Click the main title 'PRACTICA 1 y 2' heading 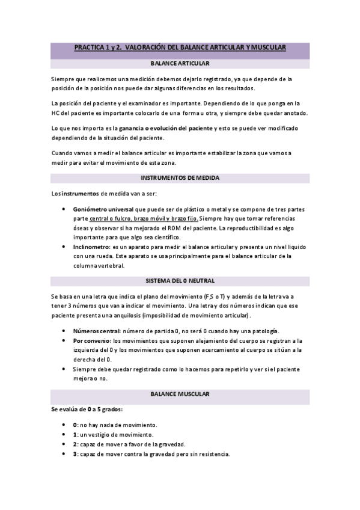click(180, 47)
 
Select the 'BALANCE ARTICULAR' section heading click(180, 63)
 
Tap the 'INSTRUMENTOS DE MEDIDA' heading click(180, 178)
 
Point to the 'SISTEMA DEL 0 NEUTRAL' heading click(180, 281)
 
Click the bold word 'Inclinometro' click(91, 247)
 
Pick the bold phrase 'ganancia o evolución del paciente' click(166, 128)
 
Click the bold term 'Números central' click(96, 331)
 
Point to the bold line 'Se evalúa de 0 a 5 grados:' click(86, 409)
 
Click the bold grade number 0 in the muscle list click(75, 425)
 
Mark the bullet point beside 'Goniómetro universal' click(64, 209)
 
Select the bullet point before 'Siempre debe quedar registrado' click(64, 369)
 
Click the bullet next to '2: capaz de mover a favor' click(64, 444)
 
